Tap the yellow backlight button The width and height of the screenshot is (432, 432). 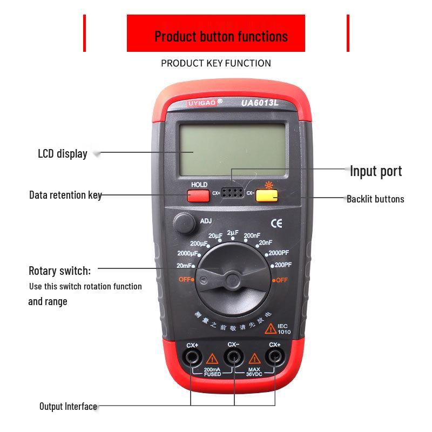point(266,195)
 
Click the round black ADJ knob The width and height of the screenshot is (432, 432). point(184,222)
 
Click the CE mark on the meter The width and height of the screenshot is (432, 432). point(276,222)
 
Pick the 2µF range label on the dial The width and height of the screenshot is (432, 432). point(233,233)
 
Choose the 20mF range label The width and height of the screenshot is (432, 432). point(185,265)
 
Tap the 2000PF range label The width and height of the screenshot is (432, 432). point(280,253)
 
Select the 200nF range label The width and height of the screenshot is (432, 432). point(252,235)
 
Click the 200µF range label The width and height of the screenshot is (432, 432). point(199,244)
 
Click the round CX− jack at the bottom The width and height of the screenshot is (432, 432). point(233,356)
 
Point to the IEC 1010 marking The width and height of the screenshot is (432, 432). point(284,329)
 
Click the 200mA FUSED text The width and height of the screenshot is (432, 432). point(212,372)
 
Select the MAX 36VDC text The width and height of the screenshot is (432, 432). point(254,372)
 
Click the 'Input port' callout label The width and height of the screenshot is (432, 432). point(376,172)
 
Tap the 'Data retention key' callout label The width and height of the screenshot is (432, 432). point(65,195)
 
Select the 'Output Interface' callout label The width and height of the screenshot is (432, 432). point(68,407)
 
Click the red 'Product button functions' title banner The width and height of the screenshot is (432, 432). point(216,36)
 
